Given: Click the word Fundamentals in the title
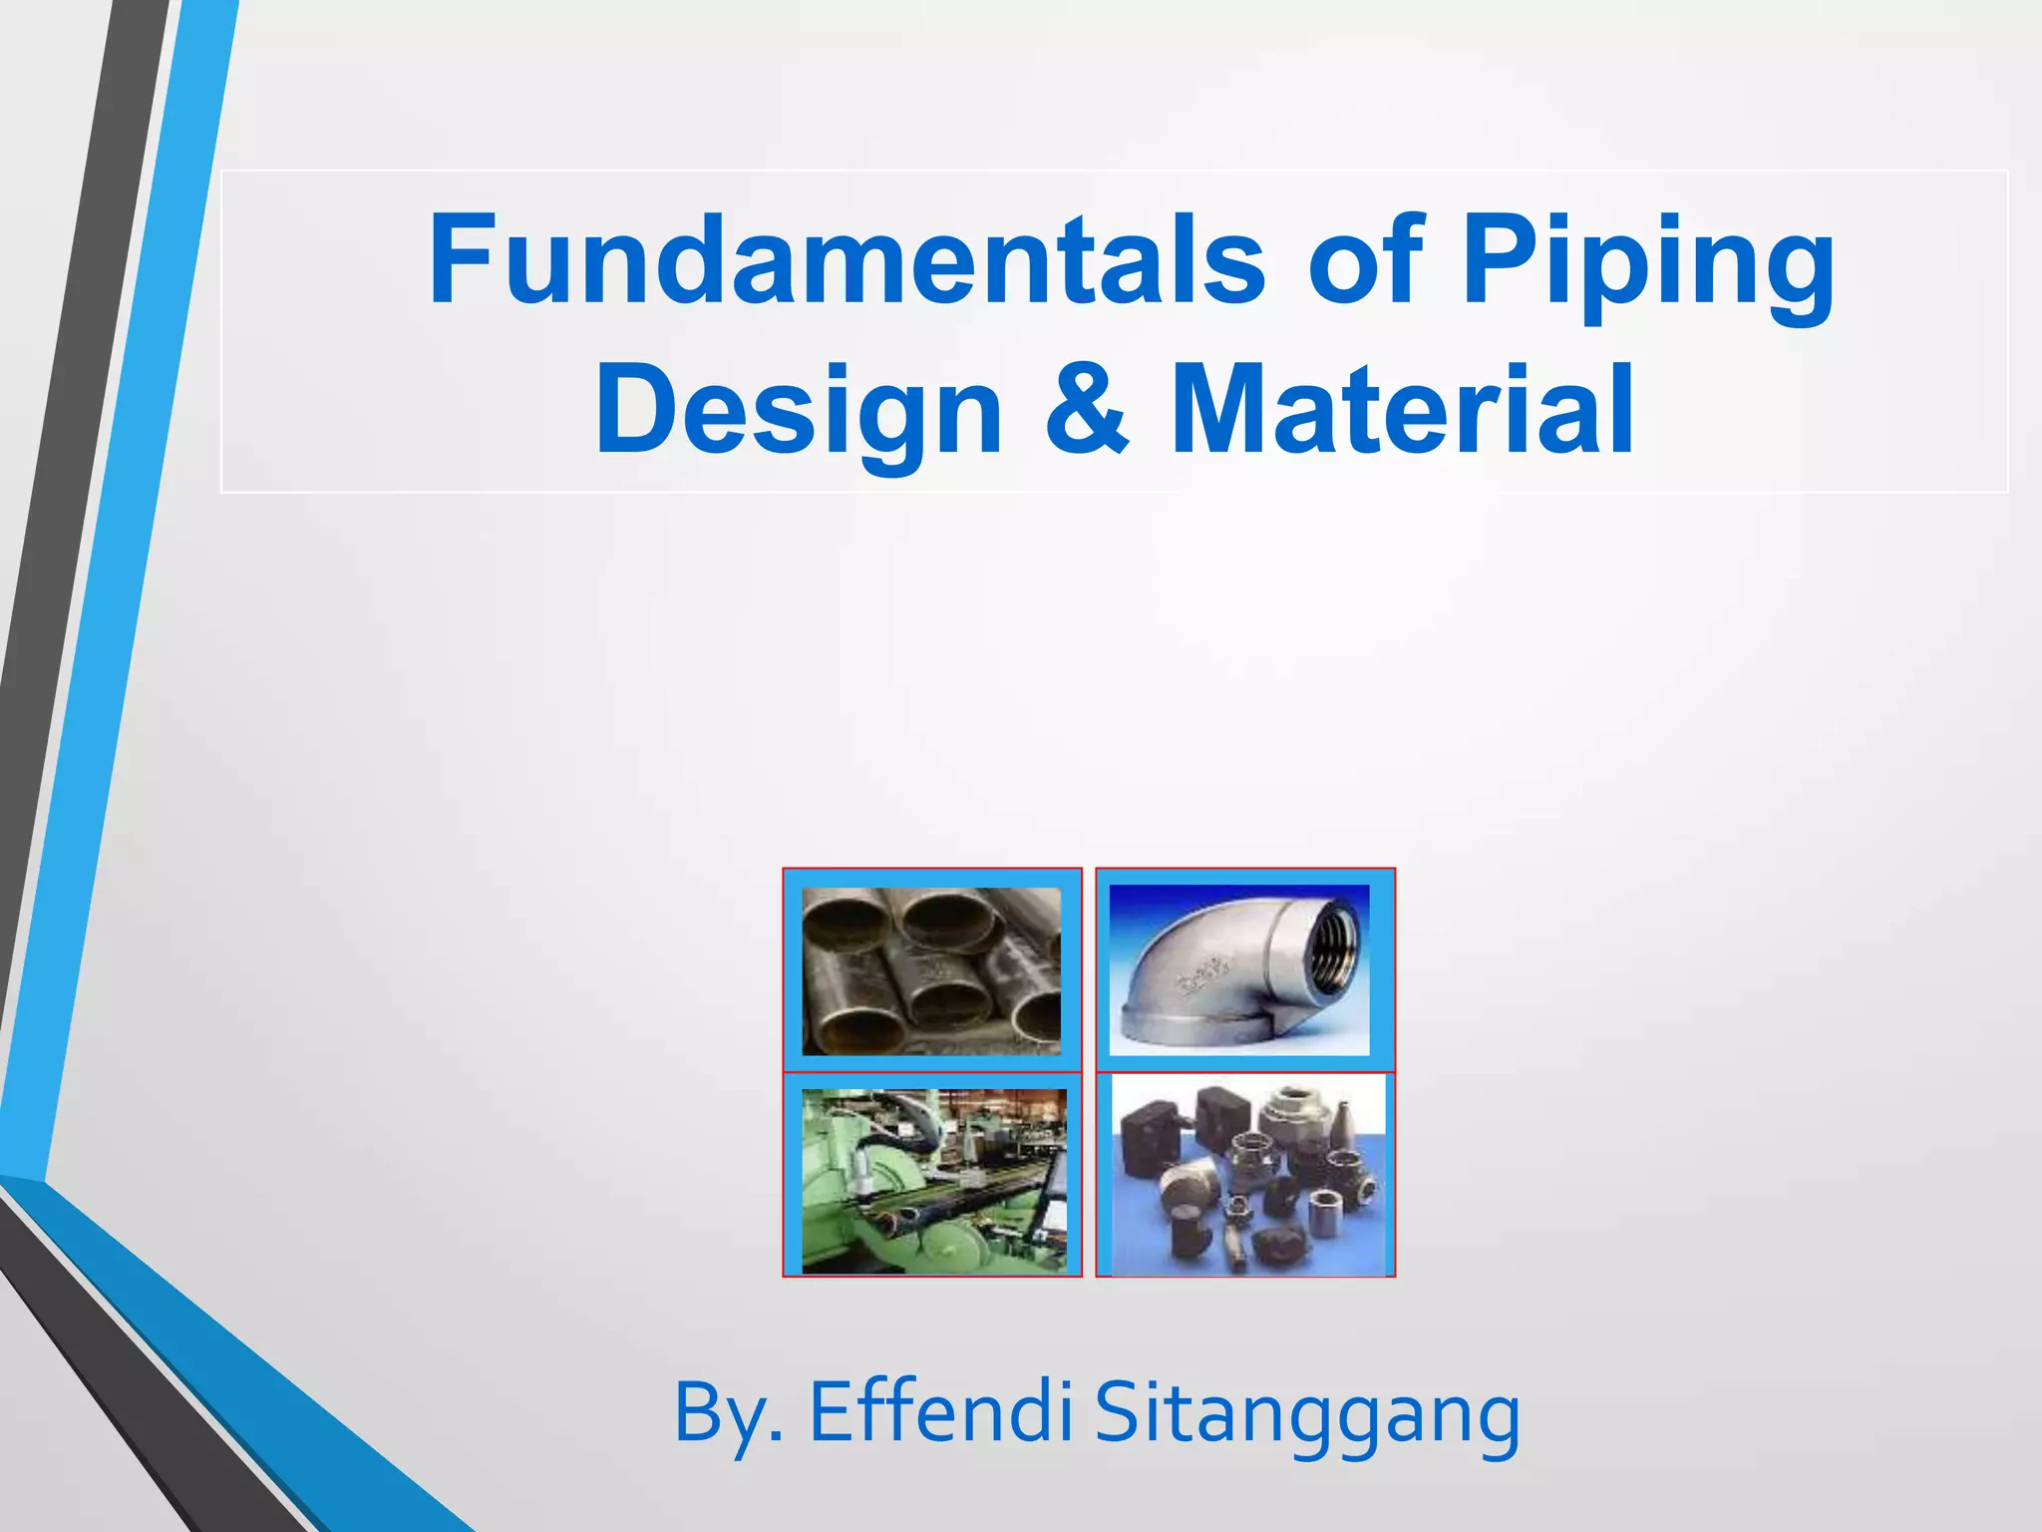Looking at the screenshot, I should [846, 259].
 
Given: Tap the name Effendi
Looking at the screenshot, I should [940, 1411].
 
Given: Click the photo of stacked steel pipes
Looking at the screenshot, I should [931, 970].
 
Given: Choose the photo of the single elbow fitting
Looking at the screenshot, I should [1239, 969].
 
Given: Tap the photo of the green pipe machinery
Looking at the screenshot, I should [934, 1181].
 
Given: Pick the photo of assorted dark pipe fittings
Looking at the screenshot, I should [1248, 1175].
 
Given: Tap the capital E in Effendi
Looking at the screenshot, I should [831, 1411].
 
